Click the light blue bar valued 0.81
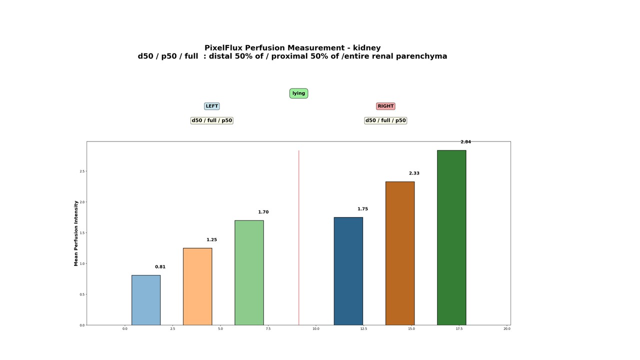[x=146, y=300]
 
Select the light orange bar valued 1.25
[x=197, y=286]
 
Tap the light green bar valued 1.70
[x=249, y=272]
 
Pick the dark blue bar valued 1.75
[x=348, y=271]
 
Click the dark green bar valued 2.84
[x=451, y=237]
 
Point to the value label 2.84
[x=465, y=142]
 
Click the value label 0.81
[x=160, y=267]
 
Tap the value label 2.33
[x=414, y=173]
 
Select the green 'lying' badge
[x=298, y=93]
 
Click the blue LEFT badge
[x=212, y=106]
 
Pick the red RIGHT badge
[x=385, y=106]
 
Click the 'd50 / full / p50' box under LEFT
[x=212, y=120]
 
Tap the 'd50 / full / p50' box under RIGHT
[x=385, y=120]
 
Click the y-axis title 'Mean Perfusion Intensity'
[x=76, y=233]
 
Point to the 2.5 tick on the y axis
[x=82, y=171]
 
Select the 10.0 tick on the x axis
[x=316, y=329]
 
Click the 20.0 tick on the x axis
[x=507, y=329]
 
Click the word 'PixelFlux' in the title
[x=223, y=48]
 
